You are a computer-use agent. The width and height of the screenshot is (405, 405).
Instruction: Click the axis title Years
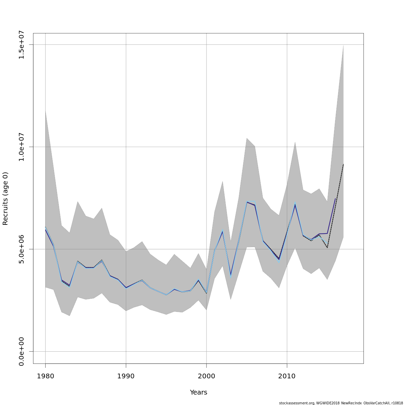click(198, 392)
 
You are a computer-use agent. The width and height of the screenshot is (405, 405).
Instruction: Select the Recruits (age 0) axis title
click(5, 198)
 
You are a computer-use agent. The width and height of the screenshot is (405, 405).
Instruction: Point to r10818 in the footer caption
click(397, 403)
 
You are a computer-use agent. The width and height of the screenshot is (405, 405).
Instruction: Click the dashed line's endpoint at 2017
click(343, 164)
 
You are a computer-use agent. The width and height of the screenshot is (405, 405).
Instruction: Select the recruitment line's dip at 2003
click(231, 275)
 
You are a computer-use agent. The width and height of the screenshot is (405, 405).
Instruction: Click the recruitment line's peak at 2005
click(247, 202)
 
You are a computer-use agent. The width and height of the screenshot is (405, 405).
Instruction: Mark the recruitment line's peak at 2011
click(295, 205)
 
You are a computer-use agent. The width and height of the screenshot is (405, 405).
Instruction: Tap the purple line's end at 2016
click(335, 198)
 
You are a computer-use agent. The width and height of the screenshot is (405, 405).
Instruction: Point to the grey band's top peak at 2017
click(343, 45)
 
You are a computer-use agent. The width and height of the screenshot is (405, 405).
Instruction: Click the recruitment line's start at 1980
click(45, 229)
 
